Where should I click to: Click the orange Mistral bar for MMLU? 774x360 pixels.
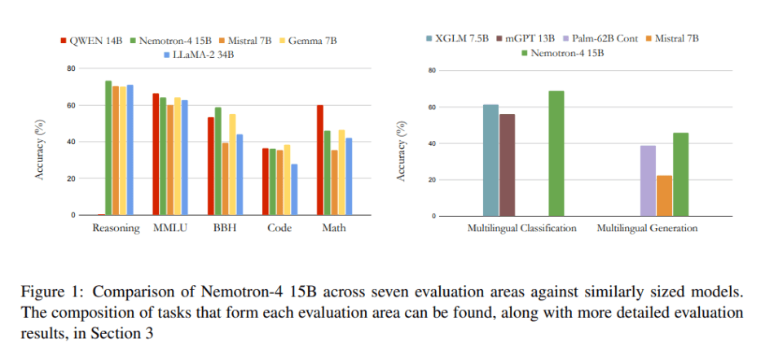click(x=170, y=160)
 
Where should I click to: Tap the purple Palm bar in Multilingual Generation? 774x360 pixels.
click(x=648, y=181)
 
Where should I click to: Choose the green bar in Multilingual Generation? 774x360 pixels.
click(x=680, y=174)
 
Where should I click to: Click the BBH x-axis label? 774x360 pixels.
click(x=224, y=228)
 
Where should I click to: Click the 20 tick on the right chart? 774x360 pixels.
click(x=433, y=180)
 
